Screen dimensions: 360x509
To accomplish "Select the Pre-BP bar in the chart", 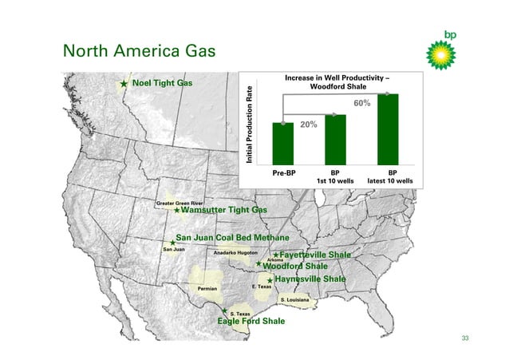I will [x=282, y=142].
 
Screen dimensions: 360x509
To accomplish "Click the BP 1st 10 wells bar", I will [x=335, y=137].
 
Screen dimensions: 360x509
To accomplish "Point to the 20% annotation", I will [x=309, y=125].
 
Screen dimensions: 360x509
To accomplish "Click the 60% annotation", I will [x=361, y=104].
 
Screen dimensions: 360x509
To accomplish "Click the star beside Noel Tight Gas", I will [x=124, y=83].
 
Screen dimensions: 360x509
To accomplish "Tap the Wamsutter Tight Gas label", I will [x=224, y=211].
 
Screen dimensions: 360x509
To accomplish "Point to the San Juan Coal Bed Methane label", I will [x=232, y=238].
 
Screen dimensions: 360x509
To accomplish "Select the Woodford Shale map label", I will [x=295, y=266].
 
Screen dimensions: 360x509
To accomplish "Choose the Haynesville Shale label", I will [x=310, y=279].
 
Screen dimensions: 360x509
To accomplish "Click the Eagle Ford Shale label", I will [x=251, y=322].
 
